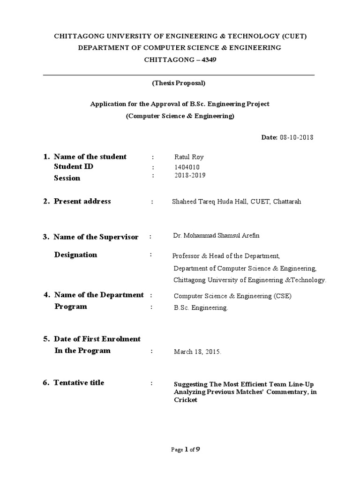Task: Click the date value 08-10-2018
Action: [296, 137]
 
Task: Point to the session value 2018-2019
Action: [189, 175]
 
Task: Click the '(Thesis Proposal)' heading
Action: [179, 83]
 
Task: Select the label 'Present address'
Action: [82, 202]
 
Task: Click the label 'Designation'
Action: [76, 255]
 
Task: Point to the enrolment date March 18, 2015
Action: [197, 351]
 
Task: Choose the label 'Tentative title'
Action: [79, 383]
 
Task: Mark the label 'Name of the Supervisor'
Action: [96, 237]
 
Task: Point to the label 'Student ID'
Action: [74, 166]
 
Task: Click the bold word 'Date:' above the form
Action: [270, 137]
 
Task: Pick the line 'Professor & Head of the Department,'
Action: [226, 256]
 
